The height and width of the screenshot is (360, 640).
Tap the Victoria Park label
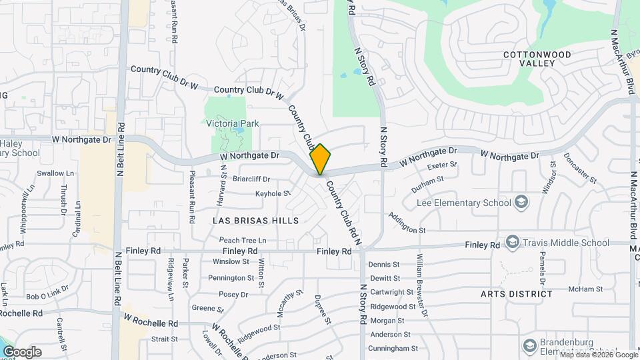[x=232, y=124]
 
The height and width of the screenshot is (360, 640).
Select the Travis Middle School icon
[x=513, y=242]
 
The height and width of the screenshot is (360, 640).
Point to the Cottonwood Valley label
[x=537, y=58]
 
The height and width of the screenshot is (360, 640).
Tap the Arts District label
[x=516, y=293]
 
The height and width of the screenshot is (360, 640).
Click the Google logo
[x=21, y=351]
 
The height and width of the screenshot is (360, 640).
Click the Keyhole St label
[x=273, y=194]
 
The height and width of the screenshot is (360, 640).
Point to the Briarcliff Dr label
[x=251, y=179]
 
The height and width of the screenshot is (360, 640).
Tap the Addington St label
[x=407, y=225]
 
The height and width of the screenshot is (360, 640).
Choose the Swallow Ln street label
[x=55, y=173]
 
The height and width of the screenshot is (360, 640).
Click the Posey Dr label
[x=233, y=294]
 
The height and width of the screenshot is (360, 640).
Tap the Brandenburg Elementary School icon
[x=530, y=345]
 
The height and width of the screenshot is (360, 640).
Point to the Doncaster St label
[x=580, y=167]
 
